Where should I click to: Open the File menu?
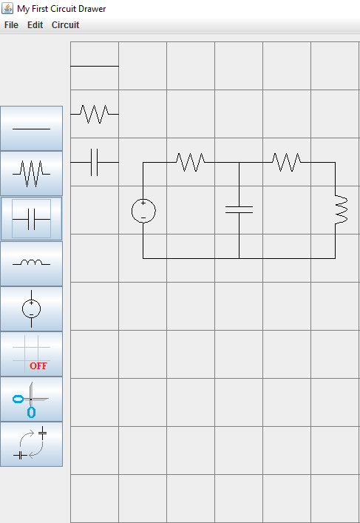[11, 25]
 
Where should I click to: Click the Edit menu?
[35, 25]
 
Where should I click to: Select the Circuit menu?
[65, 25]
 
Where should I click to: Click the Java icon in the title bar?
[7, 8]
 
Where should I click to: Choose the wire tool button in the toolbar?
[31, 129]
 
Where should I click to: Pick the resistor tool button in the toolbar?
[31, 173]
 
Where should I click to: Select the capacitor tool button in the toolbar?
[31, 219]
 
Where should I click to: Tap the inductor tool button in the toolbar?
[31, 264]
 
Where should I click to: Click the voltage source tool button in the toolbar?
[31, 309]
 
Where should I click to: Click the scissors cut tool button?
[31, 399]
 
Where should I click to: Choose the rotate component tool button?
[31, 445]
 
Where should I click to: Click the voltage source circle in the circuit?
[132, 211]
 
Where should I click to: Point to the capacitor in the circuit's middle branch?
[239, 210]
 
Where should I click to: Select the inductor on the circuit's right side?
[342, 210]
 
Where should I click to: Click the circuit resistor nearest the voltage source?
[190, 163]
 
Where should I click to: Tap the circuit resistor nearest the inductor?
[287, 163]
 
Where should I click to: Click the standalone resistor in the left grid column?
[95, 114]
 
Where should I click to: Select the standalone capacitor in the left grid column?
[95, 163]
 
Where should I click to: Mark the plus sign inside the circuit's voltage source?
[143, 203]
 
